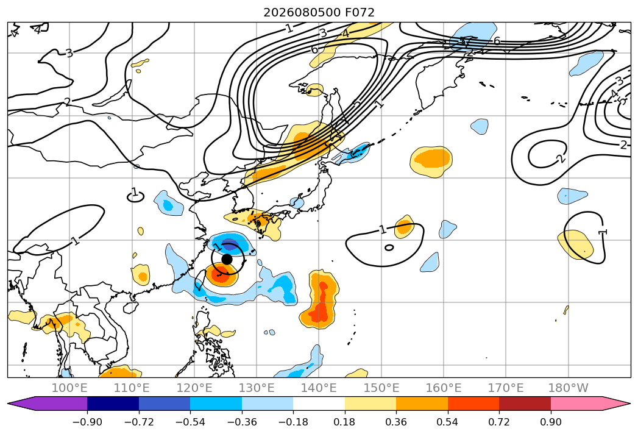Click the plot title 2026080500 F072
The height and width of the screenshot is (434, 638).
click(x=319, y=12)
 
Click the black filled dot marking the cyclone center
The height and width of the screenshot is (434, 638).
click(x=227, y=259)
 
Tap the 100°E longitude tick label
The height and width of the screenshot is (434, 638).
click(x=69, y=388)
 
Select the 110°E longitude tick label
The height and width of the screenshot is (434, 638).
click(x=132, y=388)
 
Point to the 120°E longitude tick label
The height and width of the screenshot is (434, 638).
click(x=194, y=388)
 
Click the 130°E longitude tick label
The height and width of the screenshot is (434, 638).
click(x=257, y=388)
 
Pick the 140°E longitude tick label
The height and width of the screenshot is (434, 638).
click(x=319, y=388)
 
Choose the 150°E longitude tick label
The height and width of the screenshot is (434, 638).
click(x=381, y=388)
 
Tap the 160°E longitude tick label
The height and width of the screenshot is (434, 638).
click(x=444, y=388)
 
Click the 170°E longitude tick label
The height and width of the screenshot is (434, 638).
click(x=506, y=388)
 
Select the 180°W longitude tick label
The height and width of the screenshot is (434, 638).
click(x=568, y=388)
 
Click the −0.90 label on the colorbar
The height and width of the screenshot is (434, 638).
click(x=87, y=422)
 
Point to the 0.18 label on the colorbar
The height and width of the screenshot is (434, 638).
click(x=344, y=422)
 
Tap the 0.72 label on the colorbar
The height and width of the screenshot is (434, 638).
click(x=499, y=422)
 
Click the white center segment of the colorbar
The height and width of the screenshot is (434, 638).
click(x=319, y=403)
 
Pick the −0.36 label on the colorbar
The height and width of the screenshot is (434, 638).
click(x=242, y=422)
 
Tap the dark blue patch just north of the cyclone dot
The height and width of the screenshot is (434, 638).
click(x=229, y=246)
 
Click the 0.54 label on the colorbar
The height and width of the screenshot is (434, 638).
click(x=447, y=422)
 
